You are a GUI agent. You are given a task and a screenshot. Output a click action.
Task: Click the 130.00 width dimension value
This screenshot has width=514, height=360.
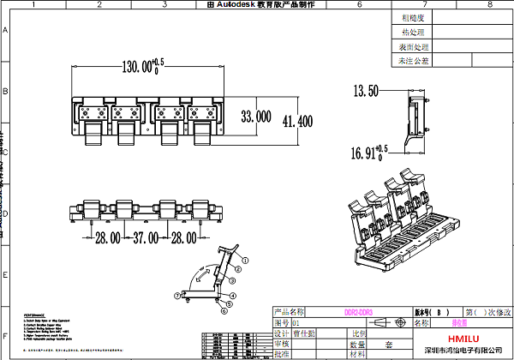tap(139, 65)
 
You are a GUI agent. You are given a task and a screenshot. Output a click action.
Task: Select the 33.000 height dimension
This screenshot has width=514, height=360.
tap(256, 116)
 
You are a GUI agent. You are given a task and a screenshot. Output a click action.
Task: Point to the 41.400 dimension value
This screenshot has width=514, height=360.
tap(297, 122)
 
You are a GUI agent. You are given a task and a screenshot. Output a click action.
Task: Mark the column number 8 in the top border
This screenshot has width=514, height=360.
tap(487, 4)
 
